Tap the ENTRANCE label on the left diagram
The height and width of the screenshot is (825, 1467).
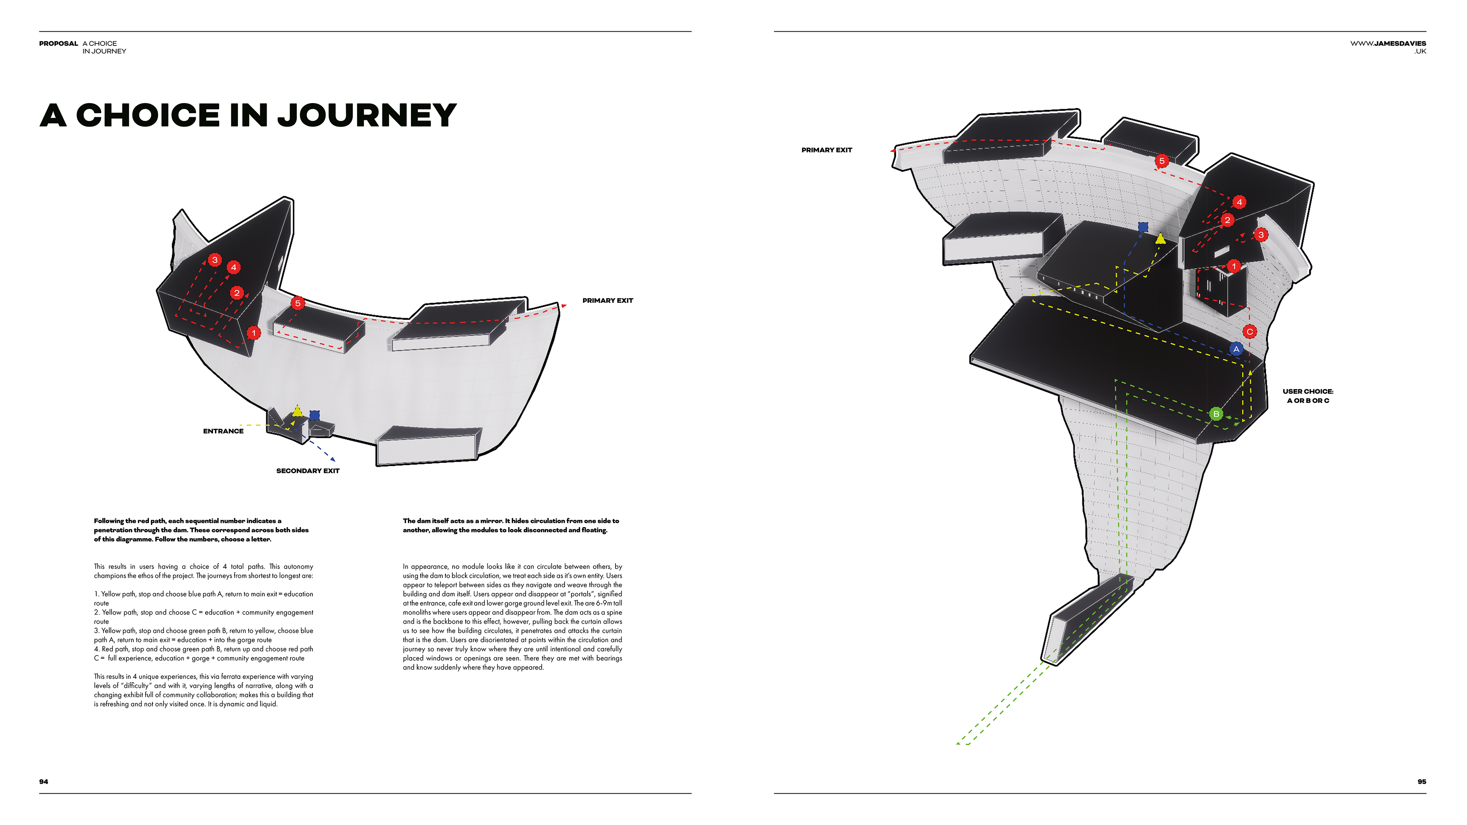point(223,431)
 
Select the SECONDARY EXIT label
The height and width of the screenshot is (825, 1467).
point(308,471)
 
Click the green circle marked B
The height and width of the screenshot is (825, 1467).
point(1216,414)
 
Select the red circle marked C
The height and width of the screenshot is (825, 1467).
point(1250,332)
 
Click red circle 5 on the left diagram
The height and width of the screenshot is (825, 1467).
point(297,303)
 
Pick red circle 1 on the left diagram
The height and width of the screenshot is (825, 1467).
point(254,333)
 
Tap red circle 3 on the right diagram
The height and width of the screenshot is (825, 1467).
point(1261,235)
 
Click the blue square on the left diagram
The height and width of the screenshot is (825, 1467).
point(314,416)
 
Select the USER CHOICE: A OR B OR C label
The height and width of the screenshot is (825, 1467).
point(1308,396)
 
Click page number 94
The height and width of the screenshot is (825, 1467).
point(43,782)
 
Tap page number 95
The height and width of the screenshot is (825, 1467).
point(1422,782)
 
